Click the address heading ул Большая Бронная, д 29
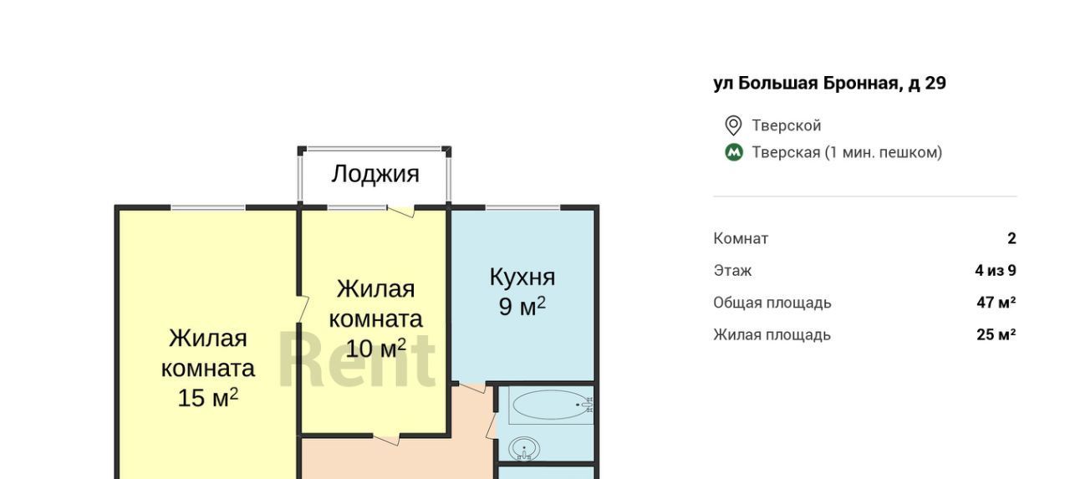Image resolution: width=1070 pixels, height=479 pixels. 830,83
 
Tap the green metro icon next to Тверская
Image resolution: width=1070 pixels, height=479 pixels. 734,152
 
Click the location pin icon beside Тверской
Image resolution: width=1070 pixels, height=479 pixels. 733,125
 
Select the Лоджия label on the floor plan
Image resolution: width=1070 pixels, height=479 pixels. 375,175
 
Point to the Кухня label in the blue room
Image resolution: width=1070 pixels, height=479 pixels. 522,277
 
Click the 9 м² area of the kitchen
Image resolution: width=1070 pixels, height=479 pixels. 522,306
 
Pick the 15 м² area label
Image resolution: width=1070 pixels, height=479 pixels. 208,397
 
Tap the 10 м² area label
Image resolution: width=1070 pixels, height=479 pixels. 375,348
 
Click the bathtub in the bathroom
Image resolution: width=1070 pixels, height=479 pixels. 552,405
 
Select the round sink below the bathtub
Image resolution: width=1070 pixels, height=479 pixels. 524,449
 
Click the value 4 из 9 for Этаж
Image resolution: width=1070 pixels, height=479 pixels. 996,271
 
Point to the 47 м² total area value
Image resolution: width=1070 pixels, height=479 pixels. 996,303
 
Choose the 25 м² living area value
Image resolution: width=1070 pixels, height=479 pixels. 996,334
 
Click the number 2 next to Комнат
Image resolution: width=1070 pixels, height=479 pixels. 1011,238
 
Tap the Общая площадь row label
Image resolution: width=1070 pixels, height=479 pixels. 772,303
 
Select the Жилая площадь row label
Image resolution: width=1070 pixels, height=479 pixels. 772,335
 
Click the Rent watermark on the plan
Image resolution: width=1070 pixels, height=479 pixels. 357,360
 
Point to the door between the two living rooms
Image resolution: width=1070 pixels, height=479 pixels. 302,309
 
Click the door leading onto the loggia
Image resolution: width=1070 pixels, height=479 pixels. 400,211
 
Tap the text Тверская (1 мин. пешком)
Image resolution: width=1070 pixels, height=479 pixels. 847,152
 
